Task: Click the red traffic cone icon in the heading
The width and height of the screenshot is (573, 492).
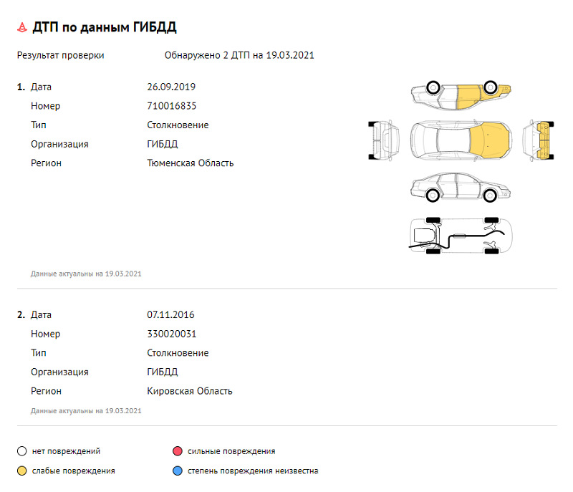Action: click(22, 27)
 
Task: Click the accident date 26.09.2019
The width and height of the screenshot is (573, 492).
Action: click(171, 87)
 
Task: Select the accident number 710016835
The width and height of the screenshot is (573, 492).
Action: click(172, 106)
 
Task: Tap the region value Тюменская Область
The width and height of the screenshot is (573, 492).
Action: click(191, 163)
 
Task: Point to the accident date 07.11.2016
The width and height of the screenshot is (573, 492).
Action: click(170, 315)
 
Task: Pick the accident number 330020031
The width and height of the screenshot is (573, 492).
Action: click(172, 334)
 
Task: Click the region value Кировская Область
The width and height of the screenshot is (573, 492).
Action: click(190, 391)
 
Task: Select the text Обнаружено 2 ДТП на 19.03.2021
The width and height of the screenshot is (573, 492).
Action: click(239, 55)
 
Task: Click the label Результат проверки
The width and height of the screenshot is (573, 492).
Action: click(60, 55)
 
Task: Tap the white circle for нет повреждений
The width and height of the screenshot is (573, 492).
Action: click(22, 452)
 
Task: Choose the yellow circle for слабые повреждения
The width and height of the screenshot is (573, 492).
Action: click(22, 471)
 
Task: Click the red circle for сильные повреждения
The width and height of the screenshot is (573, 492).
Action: click(177, 452)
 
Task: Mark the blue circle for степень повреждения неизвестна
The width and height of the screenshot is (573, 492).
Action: click(177, 471)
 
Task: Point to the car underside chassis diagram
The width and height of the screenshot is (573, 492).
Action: click(461, 236)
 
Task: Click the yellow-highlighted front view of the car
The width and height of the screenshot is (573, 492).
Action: click(541, 139)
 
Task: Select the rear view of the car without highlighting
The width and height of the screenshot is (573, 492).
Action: click(384, 139)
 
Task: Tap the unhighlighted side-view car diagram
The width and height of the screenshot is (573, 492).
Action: click(461, 188)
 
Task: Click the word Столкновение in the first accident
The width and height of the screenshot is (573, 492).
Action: click(178, 125)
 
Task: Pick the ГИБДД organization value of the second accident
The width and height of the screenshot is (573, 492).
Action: click(162, 372)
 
